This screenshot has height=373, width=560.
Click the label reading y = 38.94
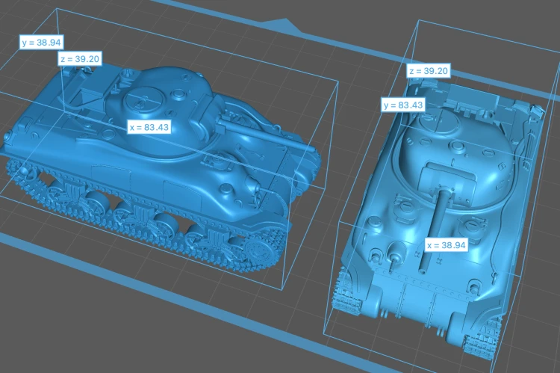[41, 42]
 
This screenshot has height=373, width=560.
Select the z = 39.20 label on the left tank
[80, 58]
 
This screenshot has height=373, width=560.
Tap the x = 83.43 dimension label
[149, 127]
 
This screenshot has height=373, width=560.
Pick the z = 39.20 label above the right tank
[429, 71]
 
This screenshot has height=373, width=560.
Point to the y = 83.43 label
[403, 105]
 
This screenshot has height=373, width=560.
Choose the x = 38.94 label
[447, 245]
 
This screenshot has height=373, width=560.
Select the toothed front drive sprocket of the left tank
[258, 251]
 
